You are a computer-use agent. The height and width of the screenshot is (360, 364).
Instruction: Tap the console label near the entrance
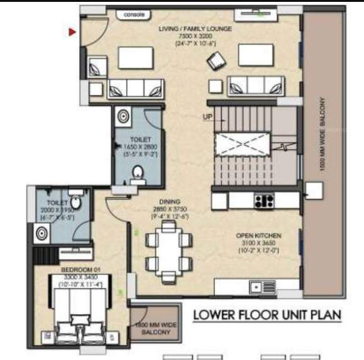pyautogui.click(x=134, y=14)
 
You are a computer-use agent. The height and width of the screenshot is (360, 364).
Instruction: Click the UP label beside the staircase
pyautogui.click(x=207, y=117)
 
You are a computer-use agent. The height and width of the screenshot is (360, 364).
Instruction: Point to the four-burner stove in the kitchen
pyautogui.click(x=263, y=201)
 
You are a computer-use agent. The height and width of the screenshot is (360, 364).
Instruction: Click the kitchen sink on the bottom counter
pyautogui.click(x=256, y=287)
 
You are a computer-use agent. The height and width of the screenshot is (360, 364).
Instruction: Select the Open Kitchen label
pyautogui.click(x=258, y=236)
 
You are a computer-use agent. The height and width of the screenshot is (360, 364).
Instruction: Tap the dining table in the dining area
pyautogui.click(x=168, y=249)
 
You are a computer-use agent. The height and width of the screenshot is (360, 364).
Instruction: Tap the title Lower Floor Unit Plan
pyautogui.click(x=267, y=314)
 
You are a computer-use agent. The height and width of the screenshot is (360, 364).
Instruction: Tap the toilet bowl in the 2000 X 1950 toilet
pyautogui.click(x=75, y=202)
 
